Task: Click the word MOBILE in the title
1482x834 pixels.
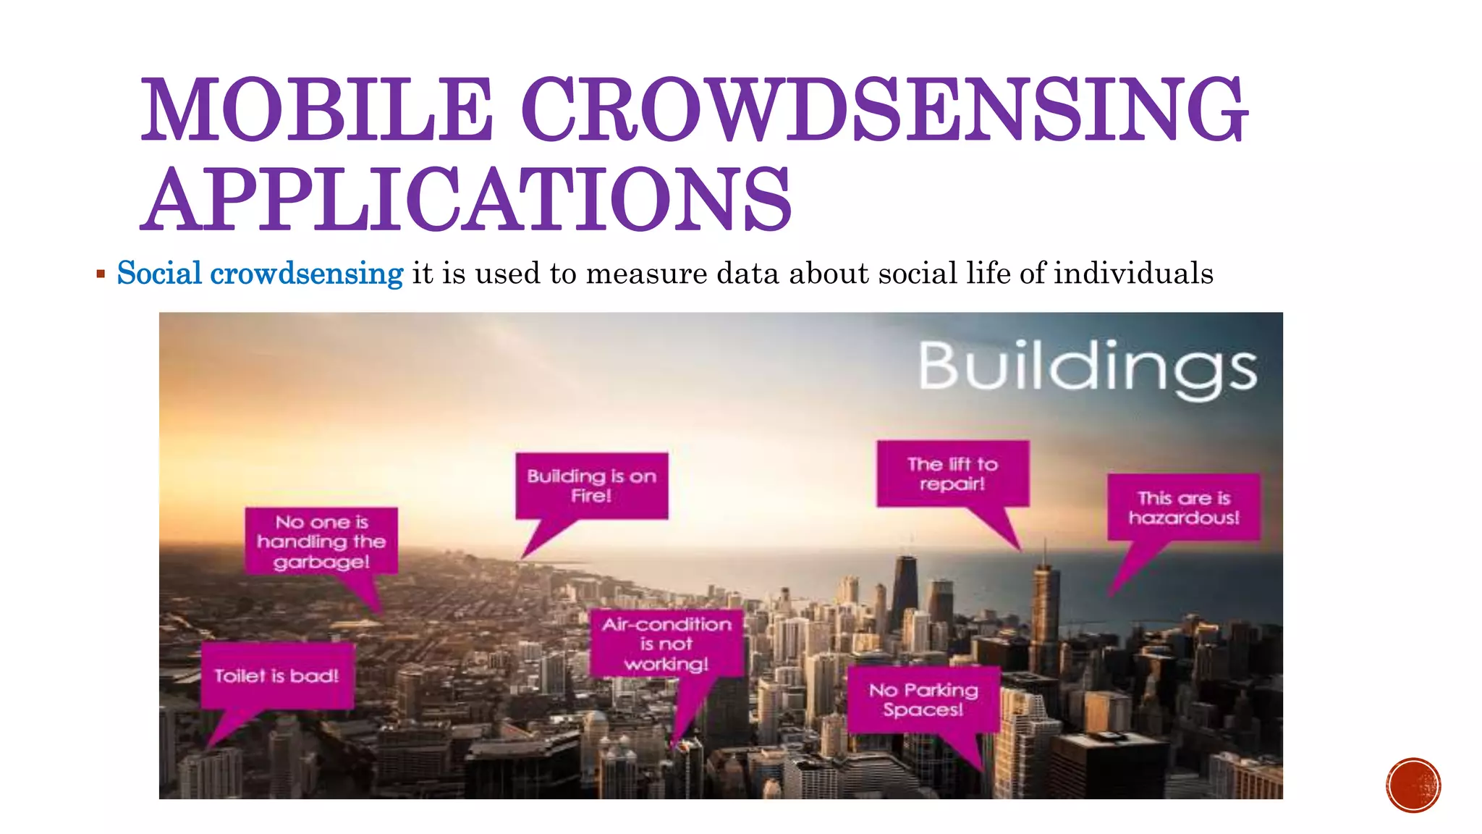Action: click(x=317, y=110)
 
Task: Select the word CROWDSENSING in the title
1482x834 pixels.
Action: click(x=884, y=110)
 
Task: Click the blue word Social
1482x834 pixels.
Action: click(x=159, y=274)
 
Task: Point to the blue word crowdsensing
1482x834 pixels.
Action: click(x=306, y=274)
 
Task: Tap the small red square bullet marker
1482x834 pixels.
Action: click(x=101, y=274)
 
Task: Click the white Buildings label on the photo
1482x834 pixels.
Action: click(x=1088, y=368)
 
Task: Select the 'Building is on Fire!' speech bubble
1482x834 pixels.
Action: click(x=591, y=486)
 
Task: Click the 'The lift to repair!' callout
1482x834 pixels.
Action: click(x=952, y=473)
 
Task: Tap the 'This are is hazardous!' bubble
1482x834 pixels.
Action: click(x=1183, y=507)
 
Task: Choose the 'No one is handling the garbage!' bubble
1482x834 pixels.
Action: click(x=321, y=542)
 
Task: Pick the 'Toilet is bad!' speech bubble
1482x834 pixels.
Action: click(x=277, y=676)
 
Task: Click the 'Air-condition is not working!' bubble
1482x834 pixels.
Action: click(x=666, y=644)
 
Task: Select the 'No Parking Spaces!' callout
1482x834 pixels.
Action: click(x=923, y=699)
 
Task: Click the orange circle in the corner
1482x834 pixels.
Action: click(x=1413, y=785)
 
